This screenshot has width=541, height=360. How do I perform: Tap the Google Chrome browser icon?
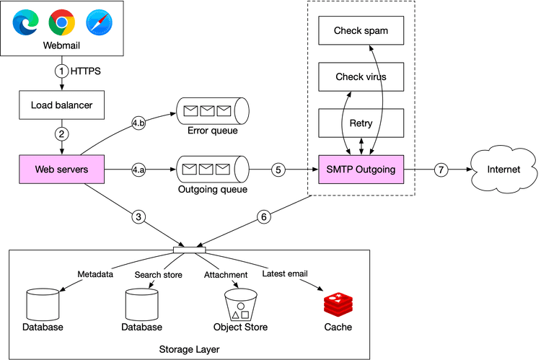pos(62,24)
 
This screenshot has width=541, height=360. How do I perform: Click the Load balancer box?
pos(62,105)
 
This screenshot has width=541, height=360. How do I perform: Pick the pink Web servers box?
pos(62,170)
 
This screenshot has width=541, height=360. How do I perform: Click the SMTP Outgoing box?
pos(361,170)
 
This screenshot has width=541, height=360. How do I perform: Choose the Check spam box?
pos(361,31)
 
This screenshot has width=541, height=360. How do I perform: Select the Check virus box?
pos(361,76)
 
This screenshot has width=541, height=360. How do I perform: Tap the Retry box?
pos(361,123)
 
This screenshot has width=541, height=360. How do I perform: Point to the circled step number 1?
pos(62,71)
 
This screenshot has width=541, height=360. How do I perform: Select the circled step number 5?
pos(278,171)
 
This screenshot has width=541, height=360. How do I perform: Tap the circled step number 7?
pos(441,171)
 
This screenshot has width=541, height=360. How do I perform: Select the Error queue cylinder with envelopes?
pos(212,112)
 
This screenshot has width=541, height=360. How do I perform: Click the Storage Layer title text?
pos(188,349)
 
